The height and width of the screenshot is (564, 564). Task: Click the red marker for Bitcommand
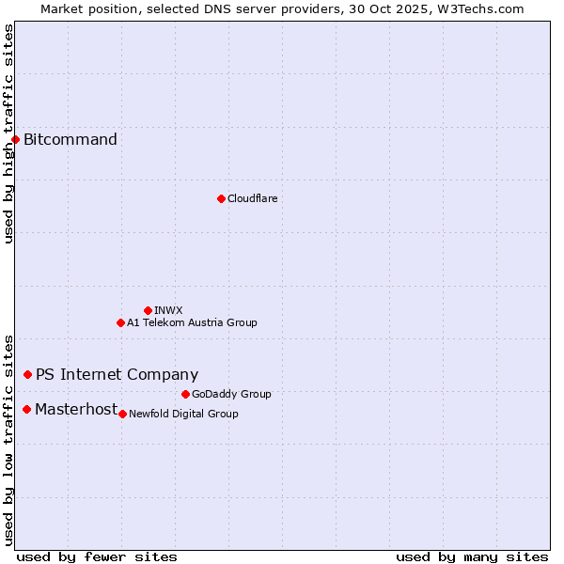(15, 139)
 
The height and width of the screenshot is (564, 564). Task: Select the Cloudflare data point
(221, 198)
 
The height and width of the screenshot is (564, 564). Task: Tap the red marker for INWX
(148, 310)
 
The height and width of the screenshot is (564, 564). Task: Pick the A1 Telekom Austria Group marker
(120, 322)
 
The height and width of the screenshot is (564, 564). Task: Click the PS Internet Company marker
(27, 374)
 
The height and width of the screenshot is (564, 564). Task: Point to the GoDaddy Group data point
(185, 394)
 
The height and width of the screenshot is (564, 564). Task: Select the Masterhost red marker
(26, 409)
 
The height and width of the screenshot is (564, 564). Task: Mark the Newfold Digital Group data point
(122, 414)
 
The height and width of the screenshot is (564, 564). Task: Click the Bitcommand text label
(70, 140)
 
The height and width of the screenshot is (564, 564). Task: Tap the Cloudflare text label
(252, 198)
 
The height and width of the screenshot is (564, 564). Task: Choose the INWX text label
(168, 310)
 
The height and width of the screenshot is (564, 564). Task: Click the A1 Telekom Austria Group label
(192, 322)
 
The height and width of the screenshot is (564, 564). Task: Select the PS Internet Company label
(117, 374)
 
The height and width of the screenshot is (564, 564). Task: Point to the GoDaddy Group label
(231, 394)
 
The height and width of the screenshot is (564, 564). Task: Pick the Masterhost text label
(76, 409)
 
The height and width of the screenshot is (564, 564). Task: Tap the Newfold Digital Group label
(183, 414)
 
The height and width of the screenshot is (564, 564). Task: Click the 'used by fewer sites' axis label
(97, 556)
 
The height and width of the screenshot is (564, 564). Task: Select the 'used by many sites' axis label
(472, 556)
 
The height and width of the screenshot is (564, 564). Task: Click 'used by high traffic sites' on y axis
(8, 133)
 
